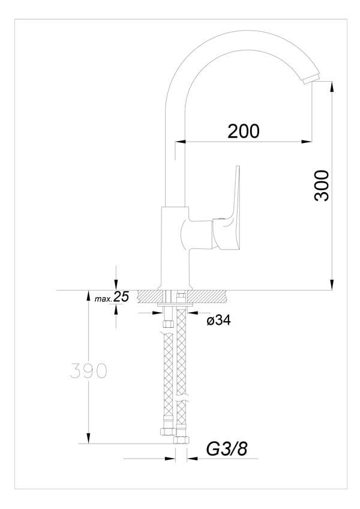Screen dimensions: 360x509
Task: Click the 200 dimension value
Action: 244,131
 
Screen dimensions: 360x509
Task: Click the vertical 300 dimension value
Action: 322,185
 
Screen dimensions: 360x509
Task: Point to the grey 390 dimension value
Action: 88,371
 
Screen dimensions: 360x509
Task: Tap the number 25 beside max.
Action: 121,297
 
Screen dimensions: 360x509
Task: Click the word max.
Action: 103,299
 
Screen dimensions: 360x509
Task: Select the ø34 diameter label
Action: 219,321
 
